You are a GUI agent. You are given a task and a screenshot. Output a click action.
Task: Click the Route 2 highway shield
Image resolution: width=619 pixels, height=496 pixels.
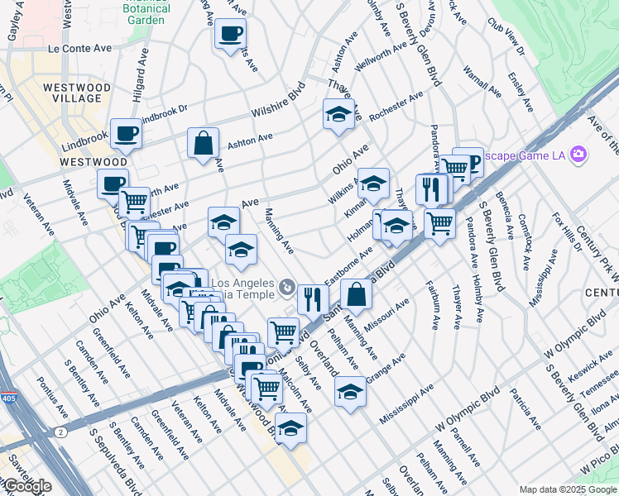coord(60,430)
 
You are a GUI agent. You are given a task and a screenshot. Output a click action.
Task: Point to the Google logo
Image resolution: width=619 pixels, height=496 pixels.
coord(26,486)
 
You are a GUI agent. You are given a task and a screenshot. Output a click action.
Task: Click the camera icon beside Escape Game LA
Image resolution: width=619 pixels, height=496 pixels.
coord(578,155)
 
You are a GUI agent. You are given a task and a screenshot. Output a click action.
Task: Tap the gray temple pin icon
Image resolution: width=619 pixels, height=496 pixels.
coord(286,288)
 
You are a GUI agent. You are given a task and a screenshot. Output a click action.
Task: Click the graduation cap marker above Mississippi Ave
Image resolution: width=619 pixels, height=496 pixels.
coord(351,390)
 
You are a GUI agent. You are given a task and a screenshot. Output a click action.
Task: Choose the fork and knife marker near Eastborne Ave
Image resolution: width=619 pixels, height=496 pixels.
coord(312,298)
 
